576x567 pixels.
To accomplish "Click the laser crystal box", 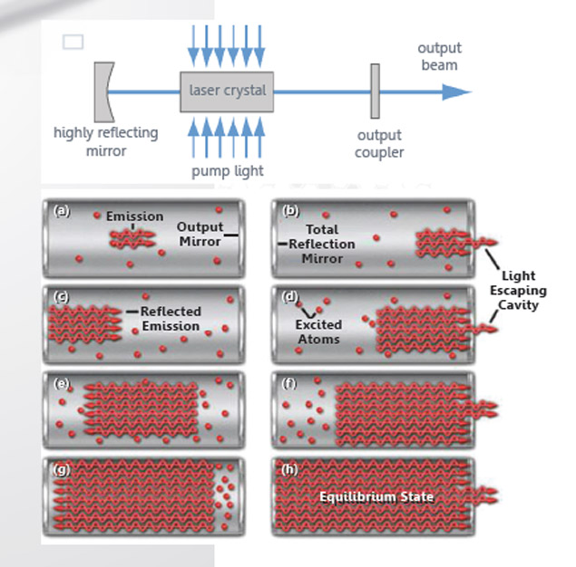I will [227, 91].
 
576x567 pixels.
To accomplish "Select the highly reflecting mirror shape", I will [102, 91].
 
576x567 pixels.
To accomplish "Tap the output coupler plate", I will [375, 91].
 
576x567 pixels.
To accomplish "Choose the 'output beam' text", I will [439, 56].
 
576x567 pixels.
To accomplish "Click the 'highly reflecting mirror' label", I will [105, 141].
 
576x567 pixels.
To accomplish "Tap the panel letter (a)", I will [62, 211].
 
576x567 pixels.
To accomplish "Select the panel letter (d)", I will [291, 297].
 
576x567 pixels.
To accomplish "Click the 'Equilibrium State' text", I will [376, 497].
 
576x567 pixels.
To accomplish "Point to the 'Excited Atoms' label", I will [318, 332].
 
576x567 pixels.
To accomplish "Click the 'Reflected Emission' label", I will [171, 319].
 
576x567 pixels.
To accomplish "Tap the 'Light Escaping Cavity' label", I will [518, 290].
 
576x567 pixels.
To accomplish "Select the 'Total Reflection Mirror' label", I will [322, 244].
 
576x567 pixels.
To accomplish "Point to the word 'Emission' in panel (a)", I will [134, 216].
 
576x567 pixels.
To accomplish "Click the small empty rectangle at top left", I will [73, 42].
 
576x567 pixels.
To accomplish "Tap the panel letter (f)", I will [290, 382].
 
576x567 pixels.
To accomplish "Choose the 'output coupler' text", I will [379, 144].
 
